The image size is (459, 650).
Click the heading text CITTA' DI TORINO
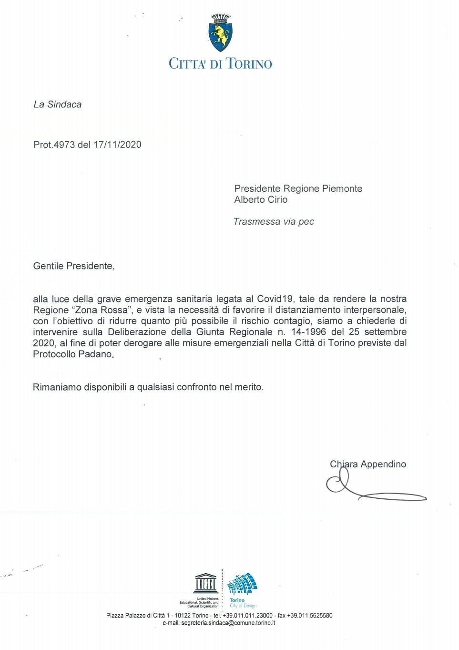click(x=220, y=63)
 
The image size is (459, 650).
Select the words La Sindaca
click(x=57, y=104)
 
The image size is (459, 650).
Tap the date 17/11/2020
click(x=117, y=144)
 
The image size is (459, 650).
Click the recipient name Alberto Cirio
click(x=261, y=200)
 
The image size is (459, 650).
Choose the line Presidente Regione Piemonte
click(x=298, y=188)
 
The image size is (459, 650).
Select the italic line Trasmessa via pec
click(x=274, y=222)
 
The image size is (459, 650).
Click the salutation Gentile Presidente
click(x=73, y=266)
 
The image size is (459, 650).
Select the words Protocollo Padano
click(x=73, y=354)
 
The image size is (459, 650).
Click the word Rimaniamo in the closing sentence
click(x=57, y=387)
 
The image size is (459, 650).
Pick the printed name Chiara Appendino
click(x=367, y=464)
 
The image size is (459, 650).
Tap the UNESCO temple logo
click(x=206, y=583)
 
